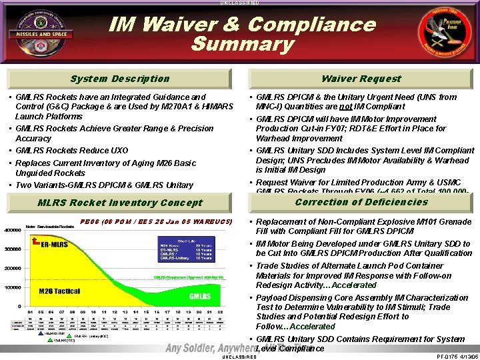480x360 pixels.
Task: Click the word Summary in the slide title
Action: coord(242,44)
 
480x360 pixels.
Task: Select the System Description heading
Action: coord(121,79)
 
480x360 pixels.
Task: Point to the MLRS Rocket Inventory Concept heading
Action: coord(121,203)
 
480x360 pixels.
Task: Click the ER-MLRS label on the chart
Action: coord(55,244)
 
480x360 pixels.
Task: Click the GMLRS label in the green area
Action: coord(201,295)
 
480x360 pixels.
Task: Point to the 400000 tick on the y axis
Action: coord(13,229)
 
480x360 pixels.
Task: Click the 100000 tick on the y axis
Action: coord(13,288)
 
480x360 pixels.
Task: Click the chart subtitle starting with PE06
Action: coord(155,221)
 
